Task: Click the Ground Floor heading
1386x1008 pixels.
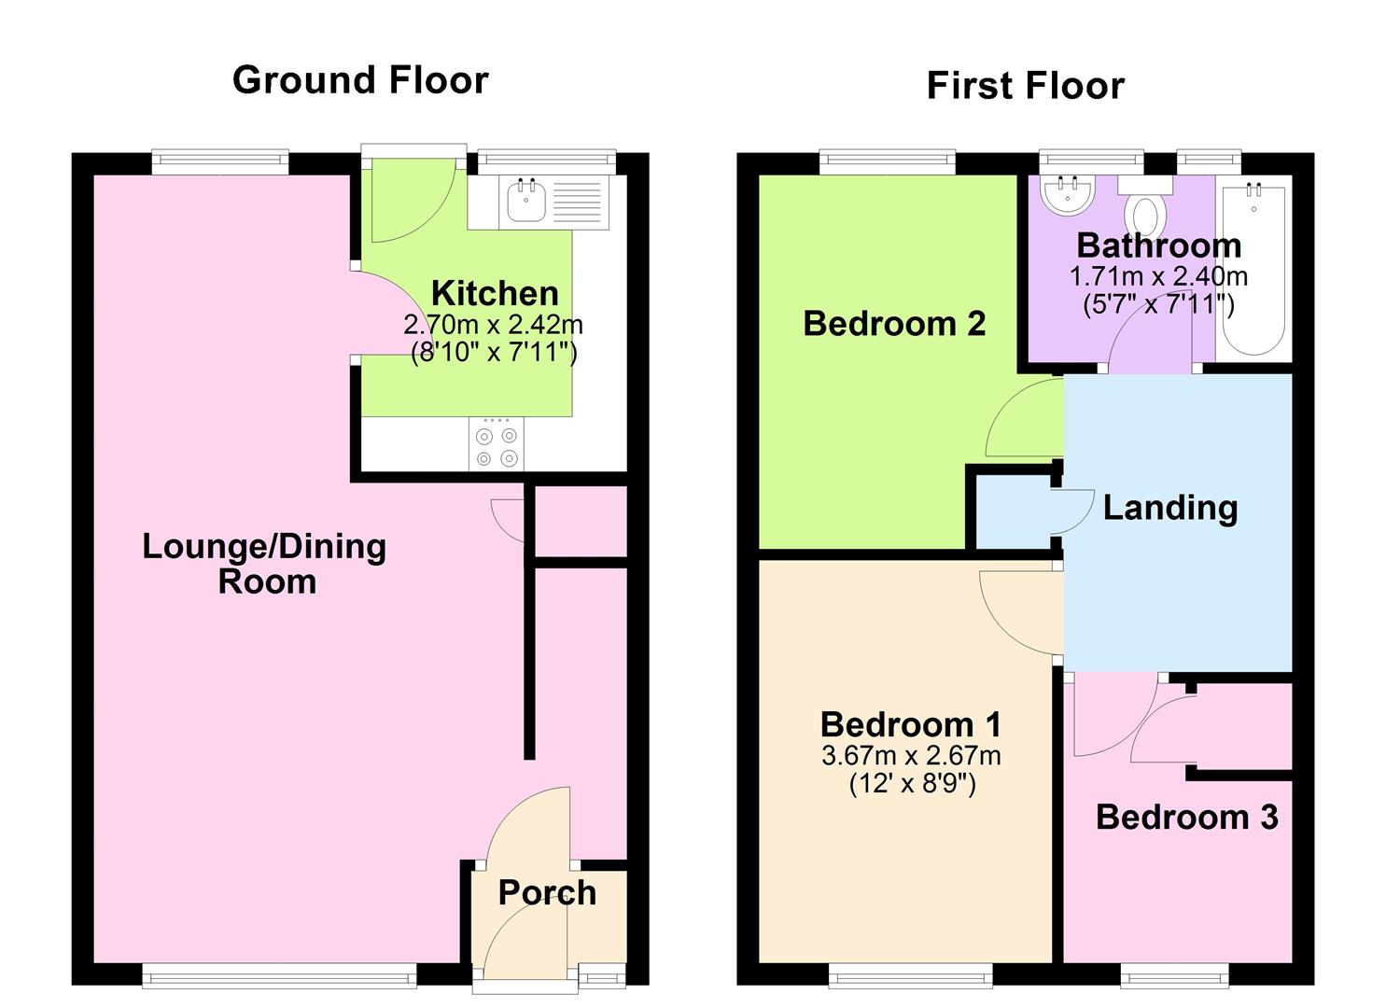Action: coord(360,80)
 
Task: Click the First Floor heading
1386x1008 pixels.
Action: coord(1025,86)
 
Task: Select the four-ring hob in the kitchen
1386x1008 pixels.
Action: coord(497,446)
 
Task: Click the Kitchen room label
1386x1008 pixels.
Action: coord(495,293)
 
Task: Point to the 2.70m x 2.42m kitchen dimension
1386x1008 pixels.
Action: coord(493,325)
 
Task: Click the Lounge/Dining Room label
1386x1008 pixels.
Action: coord(265,563)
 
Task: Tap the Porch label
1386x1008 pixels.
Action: coord(547,893)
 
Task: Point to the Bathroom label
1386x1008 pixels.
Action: coord(1158,245)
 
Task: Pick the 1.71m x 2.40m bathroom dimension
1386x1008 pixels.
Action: coord(1158,276)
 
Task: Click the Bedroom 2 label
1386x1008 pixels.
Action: coord(894,324)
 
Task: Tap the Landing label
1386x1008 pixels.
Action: coord(1170,508)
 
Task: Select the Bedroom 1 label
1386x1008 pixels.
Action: coord(911,724)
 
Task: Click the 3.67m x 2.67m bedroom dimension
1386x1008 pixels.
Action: coord(911,755)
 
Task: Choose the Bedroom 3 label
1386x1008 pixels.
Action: coord(1186,817)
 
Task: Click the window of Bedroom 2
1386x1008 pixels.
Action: coord(888,162)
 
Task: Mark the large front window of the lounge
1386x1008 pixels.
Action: coord(279,976)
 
